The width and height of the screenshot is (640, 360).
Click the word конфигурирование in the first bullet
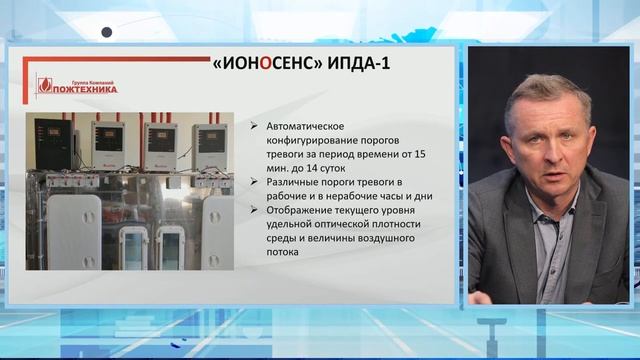click(319, 141)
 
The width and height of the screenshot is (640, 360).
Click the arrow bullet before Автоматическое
click(255, 128)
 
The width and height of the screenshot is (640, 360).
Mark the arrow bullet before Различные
click(255, 183)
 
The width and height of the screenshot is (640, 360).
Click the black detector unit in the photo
click(53, 143)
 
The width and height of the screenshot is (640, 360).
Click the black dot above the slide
click(107, 31)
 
